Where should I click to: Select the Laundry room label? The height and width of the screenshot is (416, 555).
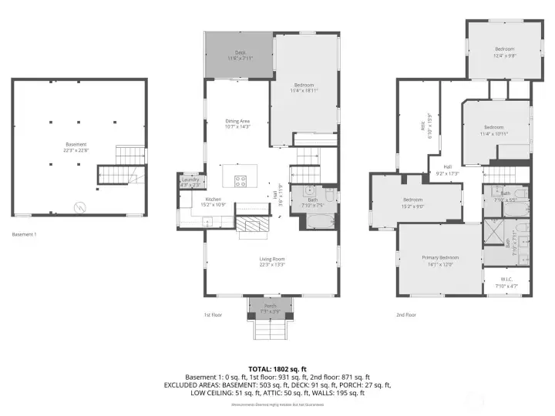pyautogui.click(x=190, y=182)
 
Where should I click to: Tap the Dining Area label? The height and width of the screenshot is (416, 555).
pyautogui.click(x=237, y=123)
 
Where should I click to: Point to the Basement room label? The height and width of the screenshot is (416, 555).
pyautogui.click(x=76, y=146)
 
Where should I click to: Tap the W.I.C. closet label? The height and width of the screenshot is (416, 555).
pyautogui.click(x=506, y=282)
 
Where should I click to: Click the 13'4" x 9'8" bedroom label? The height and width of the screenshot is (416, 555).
pyautogui.click(x=504, y=52)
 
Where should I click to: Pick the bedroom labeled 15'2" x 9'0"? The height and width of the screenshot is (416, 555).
pyautogui.click(x=412, y=203)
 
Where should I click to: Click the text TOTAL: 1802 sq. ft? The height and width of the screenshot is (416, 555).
pyautogui.click(x=277, y=368)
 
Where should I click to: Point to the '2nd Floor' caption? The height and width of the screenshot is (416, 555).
pyautogui.click(x=406, y=314)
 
